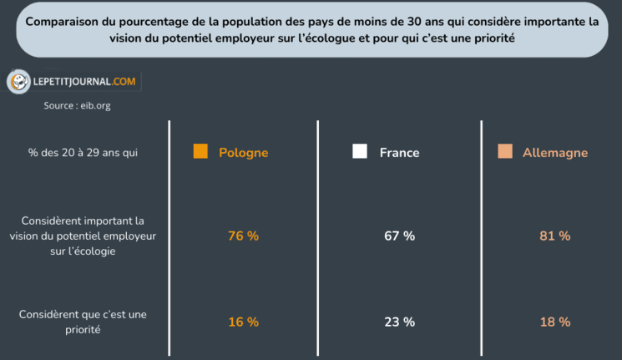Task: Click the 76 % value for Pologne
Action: click(x=243, y=236)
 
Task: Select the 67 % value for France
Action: click(x=399, y=236)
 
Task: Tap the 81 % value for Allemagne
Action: click(x=554, y=236)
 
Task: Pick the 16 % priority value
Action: click(x=243, y=322)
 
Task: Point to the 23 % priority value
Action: click(x=399, y=322)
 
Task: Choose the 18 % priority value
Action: click(x=554, y=322)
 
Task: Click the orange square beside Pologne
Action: click(x=200, y=152)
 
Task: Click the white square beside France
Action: click(x=360, y=152)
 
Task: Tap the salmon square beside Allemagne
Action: click(x=504, y=152)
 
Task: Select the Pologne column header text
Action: click(x=243, y=153)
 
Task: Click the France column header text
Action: click(x=399, y=153)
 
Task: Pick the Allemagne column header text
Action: click(x=554, y=153)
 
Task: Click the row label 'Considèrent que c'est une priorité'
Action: click(x=83, y=322)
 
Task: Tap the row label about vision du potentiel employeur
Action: click(x=83, y=236)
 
